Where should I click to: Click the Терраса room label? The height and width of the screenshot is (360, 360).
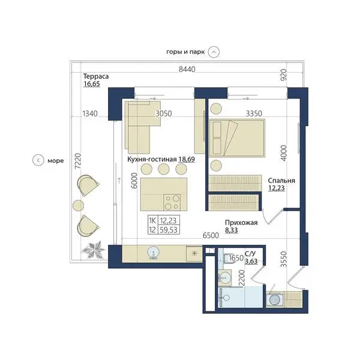[96, 76]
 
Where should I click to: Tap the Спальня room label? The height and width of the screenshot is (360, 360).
[281, 181]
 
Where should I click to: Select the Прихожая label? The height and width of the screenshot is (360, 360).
[241, 223]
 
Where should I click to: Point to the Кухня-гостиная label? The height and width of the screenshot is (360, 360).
[152, 159]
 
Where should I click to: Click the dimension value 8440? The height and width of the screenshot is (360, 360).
[187, 69]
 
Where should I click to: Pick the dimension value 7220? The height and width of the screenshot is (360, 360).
[78, 161]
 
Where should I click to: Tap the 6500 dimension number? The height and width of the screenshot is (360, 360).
[211, 235]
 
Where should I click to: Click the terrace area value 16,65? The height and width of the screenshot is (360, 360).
[92, 84]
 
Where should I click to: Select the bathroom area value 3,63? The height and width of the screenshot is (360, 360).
[251, 261]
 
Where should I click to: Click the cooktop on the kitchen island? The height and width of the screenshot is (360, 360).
[172, 203]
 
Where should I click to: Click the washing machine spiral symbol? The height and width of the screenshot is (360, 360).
[275, 299]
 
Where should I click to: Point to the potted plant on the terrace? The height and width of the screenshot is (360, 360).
[93, 250]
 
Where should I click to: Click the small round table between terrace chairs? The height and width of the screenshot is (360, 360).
[78, 205]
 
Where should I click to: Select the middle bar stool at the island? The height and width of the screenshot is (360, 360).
[164, 169]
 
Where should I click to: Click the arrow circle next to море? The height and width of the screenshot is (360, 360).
[38, 160]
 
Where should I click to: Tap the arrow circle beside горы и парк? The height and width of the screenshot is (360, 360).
[214, 52]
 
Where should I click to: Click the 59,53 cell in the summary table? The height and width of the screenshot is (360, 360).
[169, 230]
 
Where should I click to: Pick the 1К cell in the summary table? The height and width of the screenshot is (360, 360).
[152, 221]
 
